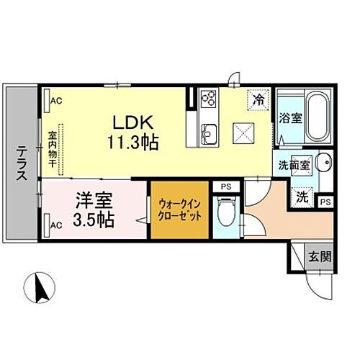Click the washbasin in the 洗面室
(323, 163)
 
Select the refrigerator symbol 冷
(256, 100)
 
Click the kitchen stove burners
(208, 97)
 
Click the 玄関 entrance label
(320, 257)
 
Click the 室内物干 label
(53, 150)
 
